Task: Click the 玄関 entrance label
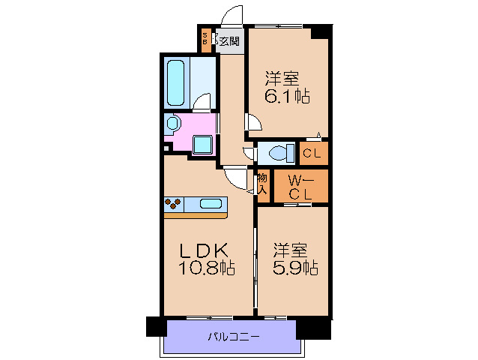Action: (229, 41)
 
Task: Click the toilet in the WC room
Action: (282, 154)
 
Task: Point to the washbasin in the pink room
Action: (174, 123)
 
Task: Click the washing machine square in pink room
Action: (202, 143)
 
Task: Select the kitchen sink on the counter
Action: (211, 203)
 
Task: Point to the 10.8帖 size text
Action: (205, 268)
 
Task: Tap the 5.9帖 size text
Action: (295, 268)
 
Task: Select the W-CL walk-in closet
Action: (300, 187)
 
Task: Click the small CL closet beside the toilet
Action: (313, 154)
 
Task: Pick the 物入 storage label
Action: (262, 184)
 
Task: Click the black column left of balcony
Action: (155, 328)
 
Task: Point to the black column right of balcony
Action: (313, 328)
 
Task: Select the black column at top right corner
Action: (321, 31)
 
